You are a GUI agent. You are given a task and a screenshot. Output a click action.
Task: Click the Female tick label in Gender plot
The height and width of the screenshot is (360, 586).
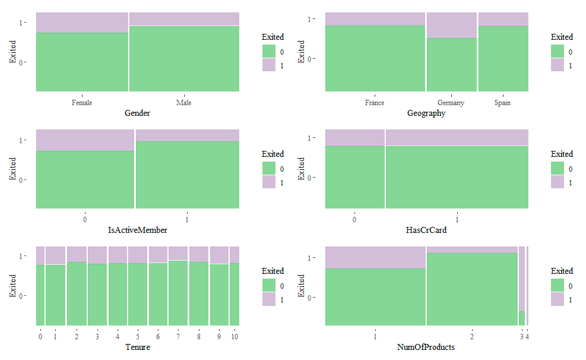coord(82,103)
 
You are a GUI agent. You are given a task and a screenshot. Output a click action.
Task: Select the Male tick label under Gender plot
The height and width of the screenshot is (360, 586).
coord(184,103)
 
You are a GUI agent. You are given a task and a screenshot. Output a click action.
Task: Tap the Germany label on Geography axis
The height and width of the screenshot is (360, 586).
coord(451,103)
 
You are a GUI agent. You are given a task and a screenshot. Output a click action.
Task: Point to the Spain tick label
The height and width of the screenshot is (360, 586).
coord(502,103)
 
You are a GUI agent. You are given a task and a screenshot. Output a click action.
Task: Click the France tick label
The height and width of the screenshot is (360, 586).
coord(375,103)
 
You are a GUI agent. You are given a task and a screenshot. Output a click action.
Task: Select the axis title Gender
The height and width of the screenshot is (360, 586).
coord(137,113)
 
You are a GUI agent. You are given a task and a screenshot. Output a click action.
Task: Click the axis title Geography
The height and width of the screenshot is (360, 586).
coord(426,113)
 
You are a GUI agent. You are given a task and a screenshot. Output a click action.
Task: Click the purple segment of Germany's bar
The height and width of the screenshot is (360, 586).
coord(451,25)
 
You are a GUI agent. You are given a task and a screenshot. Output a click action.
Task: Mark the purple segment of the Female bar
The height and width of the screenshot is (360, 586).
coord(82,23)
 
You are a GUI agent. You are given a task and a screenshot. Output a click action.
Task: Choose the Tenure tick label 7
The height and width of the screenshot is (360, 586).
coord(178,337)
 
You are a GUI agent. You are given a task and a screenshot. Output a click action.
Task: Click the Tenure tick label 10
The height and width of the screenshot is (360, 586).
coord(235,337)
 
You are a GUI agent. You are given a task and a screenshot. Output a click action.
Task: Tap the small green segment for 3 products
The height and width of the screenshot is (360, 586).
coord(522,318)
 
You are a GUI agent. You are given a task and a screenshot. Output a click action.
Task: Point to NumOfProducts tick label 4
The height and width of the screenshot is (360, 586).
coord(527,337)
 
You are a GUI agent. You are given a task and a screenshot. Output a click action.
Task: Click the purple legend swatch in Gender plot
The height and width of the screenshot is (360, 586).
coord(270,65)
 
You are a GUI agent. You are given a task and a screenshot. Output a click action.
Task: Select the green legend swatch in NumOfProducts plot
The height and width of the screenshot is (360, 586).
coord(558,285)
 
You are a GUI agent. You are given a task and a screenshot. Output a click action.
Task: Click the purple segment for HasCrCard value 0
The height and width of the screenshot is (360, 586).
coord(354,138)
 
